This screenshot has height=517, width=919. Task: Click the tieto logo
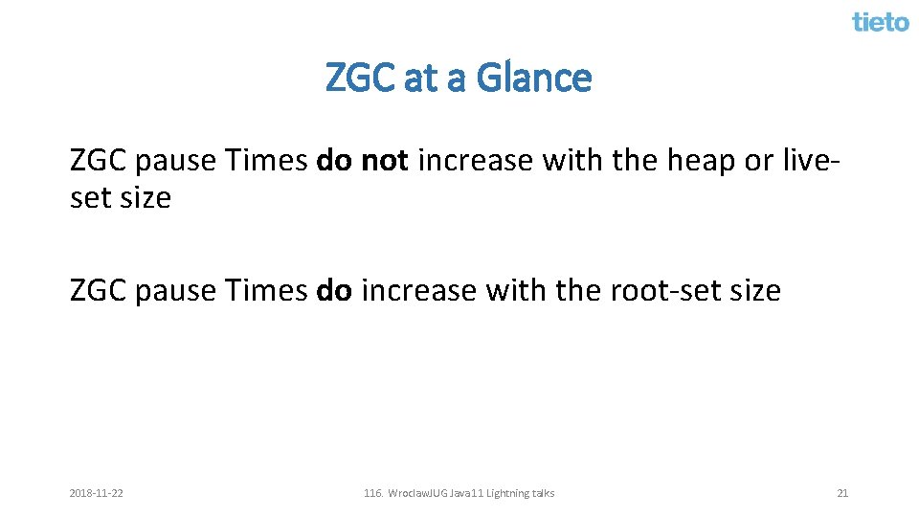pos(880,21)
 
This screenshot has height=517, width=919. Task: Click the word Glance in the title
pos(533,78)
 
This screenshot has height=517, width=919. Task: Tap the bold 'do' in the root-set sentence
pos(334,290)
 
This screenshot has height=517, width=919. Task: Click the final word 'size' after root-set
pos(753,290)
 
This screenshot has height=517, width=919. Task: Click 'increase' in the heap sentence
pos(475,160)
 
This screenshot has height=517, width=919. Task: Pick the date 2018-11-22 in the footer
pos(96,493)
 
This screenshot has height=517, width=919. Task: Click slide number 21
pos(842,493)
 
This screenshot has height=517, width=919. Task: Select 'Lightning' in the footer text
pos(509,493)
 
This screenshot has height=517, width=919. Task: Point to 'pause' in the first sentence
pos(176,160)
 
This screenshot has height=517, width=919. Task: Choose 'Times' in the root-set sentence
pos(265,290)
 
